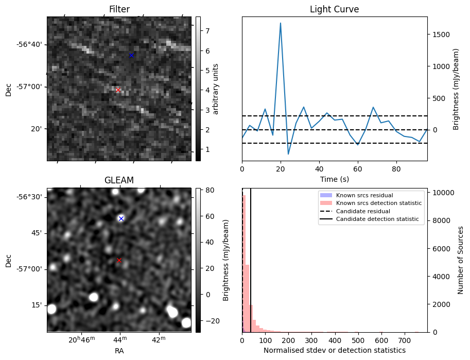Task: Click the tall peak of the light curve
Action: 281,23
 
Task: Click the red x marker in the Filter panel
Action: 118,90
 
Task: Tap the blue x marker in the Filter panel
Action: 131,55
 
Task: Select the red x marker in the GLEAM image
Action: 119,260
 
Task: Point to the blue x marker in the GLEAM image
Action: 121,218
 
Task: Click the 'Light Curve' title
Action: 334,9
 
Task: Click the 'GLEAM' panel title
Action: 119,180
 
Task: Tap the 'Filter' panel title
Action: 119,9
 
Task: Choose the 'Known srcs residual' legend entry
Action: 364,196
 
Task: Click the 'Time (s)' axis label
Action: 334,178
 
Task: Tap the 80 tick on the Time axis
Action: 396,168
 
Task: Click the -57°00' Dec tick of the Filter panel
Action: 30,87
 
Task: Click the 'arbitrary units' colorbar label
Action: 216,89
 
